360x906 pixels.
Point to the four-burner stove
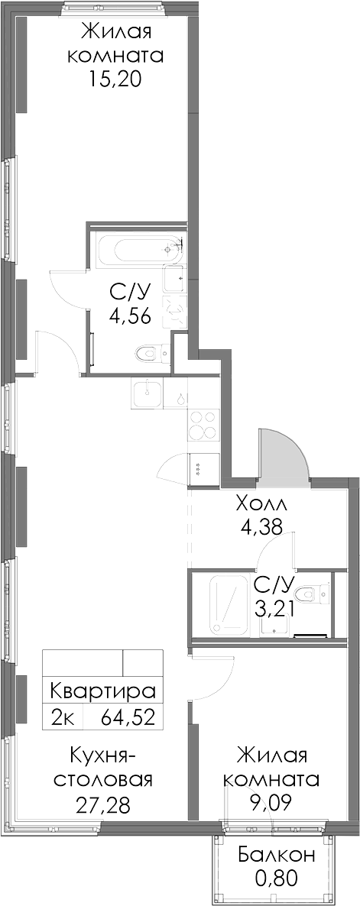coord(204,425)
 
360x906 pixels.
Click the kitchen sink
coord(148,394)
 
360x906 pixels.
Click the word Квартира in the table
coord(103,691)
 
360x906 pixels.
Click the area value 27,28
coord(103,803)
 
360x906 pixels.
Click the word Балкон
coord(276,855)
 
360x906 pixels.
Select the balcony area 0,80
coord(276,878)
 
